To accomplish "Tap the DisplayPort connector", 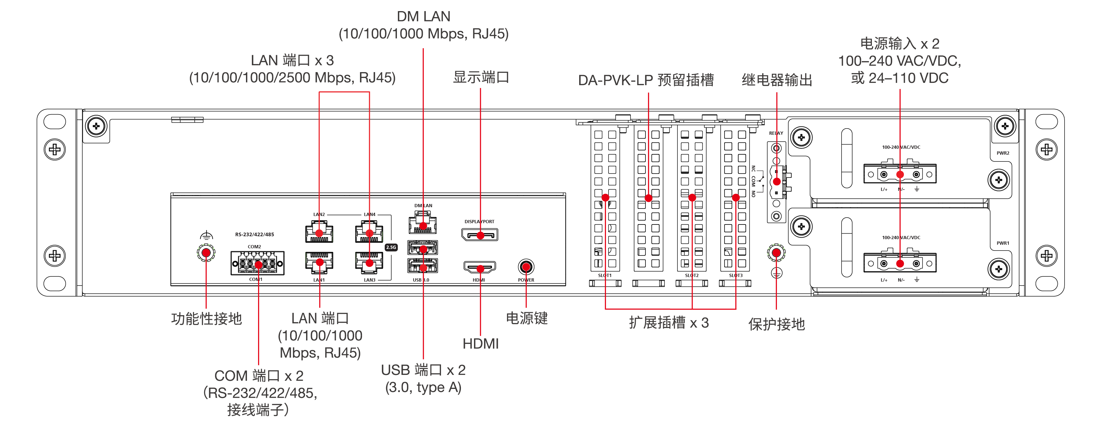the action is pos(480,234).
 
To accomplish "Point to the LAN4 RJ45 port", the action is pos(369,233).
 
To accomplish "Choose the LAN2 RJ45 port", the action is pos(319,233).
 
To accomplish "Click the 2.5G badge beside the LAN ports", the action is pos(391,247).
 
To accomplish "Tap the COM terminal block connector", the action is pos(257,263).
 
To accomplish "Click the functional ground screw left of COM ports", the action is pos(206,253).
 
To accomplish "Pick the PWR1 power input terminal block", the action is pos(900,263).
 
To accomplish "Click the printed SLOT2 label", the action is pos(692,275).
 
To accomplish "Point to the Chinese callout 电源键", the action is pos(527,318).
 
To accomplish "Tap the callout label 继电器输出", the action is pos(777,80).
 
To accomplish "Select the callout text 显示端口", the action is pos(481,77).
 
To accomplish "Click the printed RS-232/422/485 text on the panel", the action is pos(254,234).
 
